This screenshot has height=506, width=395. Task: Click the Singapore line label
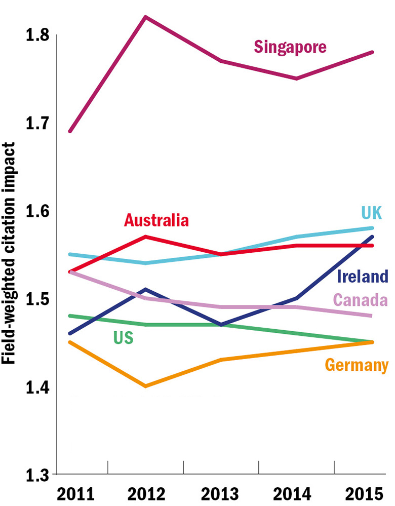point(290,47)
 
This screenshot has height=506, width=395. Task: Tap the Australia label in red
point(156,220)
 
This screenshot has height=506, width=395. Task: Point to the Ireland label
point(363,277)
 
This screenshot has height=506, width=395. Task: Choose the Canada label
point(361,300)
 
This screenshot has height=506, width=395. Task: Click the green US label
point(123,337)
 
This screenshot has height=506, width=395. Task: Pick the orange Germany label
point(357,365)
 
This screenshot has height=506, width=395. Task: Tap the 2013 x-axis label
point(221,493)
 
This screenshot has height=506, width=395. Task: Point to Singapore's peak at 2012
point(145,17)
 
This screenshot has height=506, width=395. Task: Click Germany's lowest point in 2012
point(145,386)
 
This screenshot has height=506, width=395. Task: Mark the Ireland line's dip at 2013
point(221,324)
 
